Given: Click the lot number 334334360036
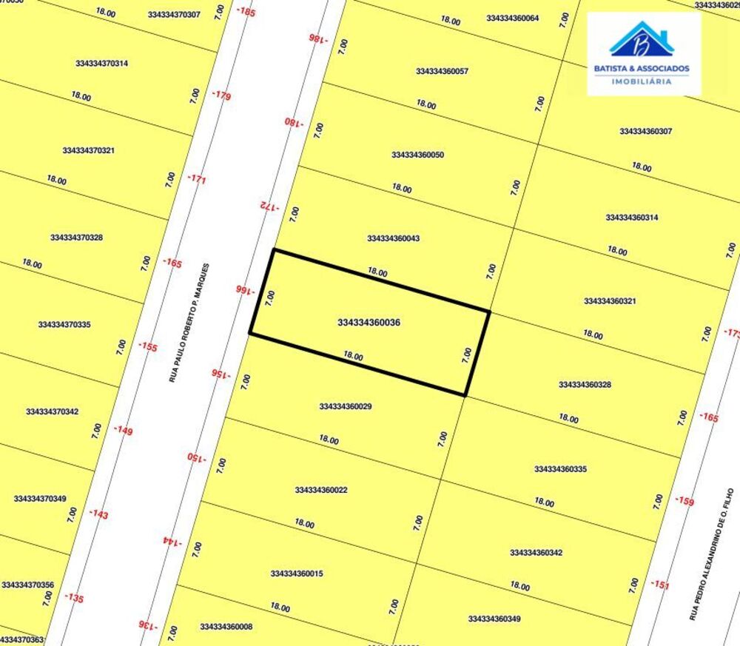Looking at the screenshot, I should tap(369, 323).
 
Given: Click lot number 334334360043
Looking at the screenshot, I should tap(394, 238).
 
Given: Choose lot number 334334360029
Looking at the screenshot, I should tap(346, 406).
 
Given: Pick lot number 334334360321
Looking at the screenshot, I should tap(610, 301).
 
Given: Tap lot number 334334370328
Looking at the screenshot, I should tap(76, 238).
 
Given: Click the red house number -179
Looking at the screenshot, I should tap(221, 95).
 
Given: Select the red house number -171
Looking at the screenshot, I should tap(197, 179).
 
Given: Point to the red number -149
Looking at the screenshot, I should tap(124, 430).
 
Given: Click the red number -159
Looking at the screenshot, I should tap(684, 502).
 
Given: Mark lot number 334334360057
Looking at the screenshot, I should tap(442, 71).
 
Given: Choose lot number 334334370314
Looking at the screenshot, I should tap(101, 63).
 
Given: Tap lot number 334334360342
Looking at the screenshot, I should tap(536, 553).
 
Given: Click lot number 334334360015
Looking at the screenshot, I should tap(297, 573).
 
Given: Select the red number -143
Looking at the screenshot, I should tap(98, 514).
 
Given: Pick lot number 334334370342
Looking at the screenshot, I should tap(52, 411).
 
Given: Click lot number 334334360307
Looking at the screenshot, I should tap(645, 131).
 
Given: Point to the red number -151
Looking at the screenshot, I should tap(660, 585).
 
